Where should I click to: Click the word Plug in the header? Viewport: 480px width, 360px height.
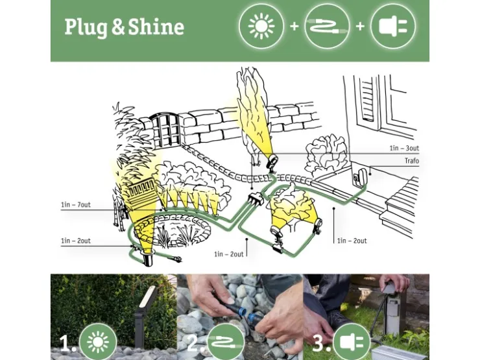(x=86, y=28)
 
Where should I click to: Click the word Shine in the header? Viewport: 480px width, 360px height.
(x=156, y=27)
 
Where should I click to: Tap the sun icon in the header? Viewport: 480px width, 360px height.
(x=261, y=26)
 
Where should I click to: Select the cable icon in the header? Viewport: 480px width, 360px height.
(x=327, y=26)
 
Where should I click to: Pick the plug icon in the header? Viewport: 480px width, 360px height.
(x=393, y=26)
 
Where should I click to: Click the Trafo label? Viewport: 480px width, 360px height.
(x=412, y=161)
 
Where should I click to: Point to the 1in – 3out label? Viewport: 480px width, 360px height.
(x=404, y=148)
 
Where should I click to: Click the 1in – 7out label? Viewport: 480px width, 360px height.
(x=76, y=204)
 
